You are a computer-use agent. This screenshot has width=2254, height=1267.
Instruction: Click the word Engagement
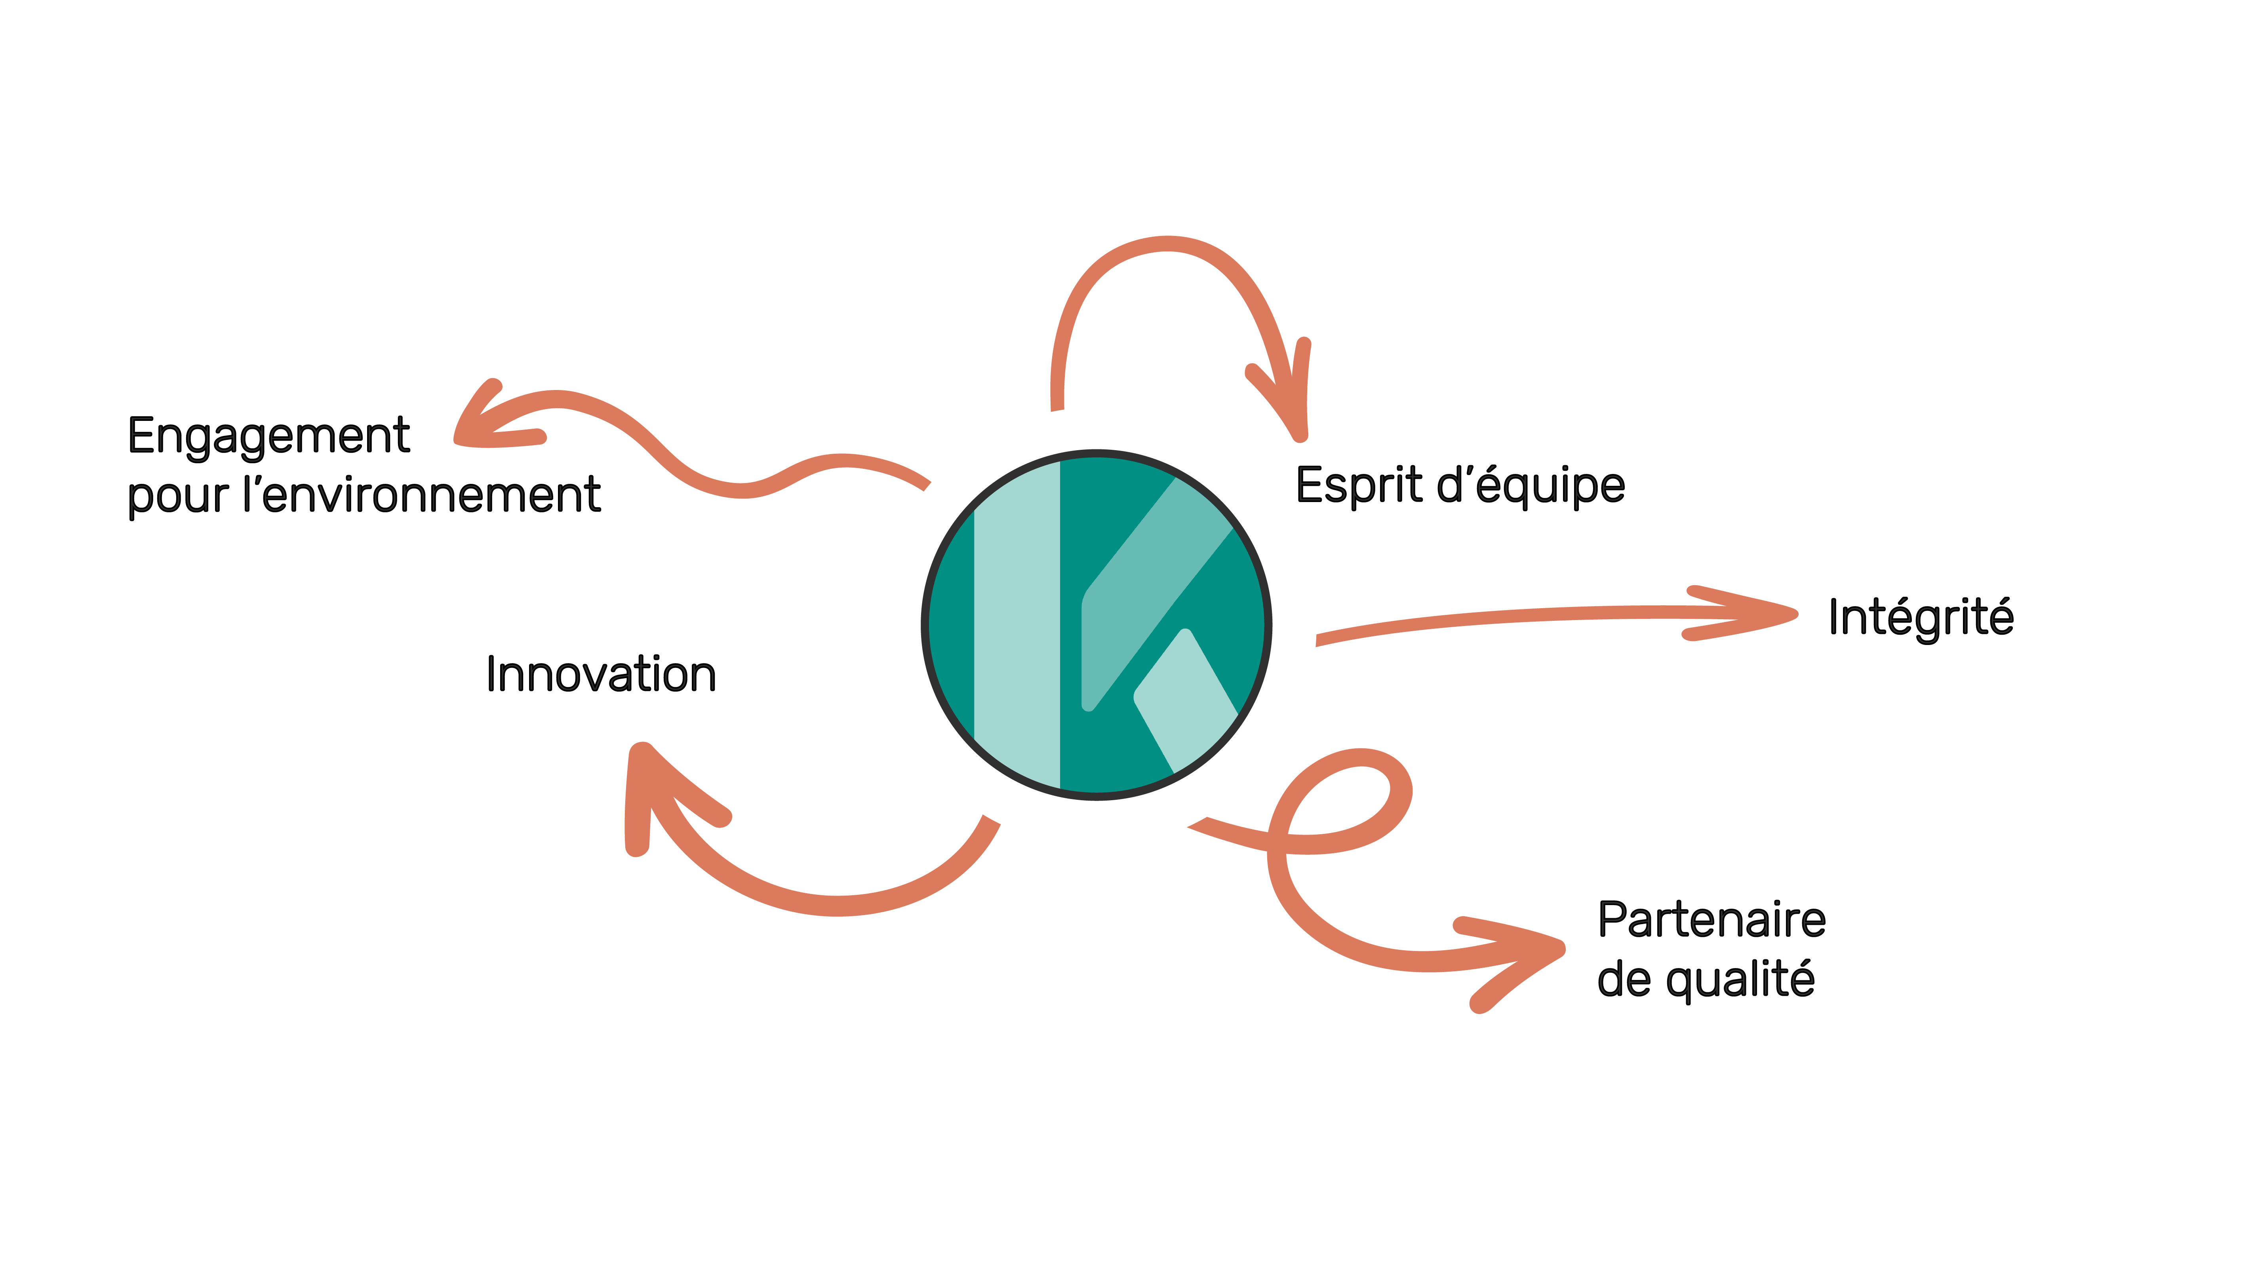pyautogui.click(x=268, y=437)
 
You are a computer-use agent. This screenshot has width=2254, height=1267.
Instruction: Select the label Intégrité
pyautogui.click(x=1921, y=618)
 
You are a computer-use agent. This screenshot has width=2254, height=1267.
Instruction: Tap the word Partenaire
pyautogui.click(x=1711, y=921)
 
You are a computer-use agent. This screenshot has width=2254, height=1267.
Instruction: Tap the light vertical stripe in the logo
pyautogui.click(x=1017, y=626)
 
